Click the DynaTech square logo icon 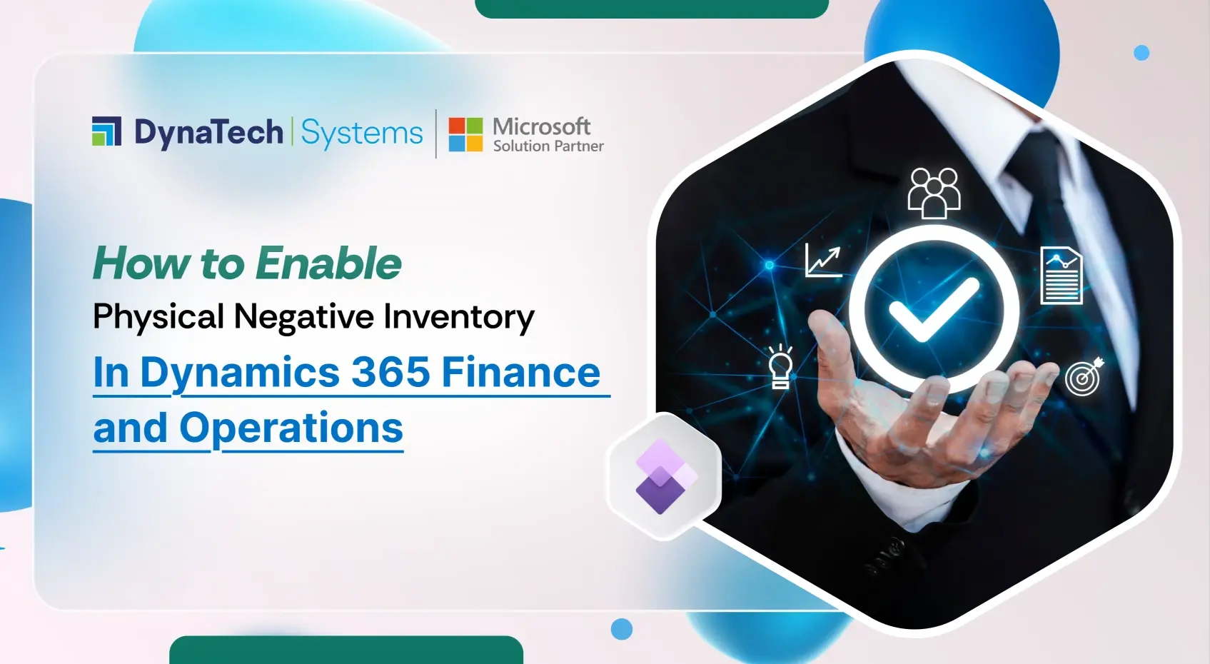coord(107,131)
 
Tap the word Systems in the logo coord(362,134)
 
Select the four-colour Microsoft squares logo coord(465,134)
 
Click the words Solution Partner coord(548,146)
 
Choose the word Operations coord(291,428)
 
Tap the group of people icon coord(934,191)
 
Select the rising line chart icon coord(823,261)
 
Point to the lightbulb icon coord(780,367)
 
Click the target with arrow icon coord(1084,376)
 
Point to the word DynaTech coord(208,133)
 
